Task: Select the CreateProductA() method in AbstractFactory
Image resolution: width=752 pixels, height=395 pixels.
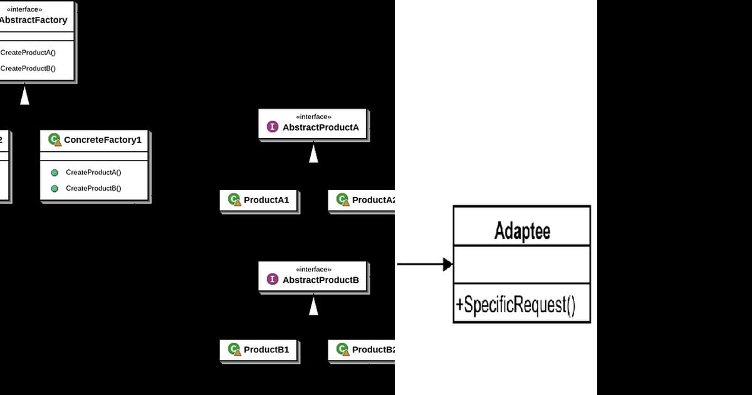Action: coord(28,53)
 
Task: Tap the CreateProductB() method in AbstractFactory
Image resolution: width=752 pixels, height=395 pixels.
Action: coord(28,68)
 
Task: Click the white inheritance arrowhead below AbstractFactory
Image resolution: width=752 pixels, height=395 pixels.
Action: coord(24,96)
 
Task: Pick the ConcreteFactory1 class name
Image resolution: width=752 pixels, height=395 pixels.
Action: coord(102,140)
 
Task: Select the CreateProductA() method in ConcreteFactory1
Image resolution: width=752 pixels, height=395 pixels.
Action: coord(93,172)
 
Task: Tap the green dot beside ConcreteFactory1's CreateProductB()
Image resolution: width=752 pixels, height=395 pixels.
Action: coord(55,189)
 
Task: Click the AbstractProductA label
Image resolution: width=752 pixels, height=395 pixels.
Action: coord(321,127)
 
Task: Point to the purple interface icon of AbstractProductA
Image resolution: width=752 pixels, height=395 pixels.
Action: coord(273,127)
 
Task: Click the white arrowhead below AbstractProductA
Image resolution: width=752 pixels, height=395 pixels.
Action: coord(313,154)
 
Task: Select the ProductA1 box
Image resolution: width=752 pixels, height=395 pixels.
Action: coord(259,201)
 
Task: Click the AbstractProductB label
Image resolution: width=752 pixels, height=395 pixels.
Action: coord(321,280)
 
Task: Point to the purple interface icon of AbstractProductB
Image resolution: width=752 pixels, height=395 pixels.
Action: coord(273,279)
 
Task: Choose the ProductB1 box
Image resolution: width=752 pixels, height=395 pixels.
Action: coord(259,350)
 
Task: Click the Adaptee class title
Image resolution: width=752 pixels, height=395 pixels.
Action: coord(522,231)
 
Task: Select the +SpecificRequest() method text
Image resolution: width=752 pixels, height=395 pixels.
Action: coord(515,305)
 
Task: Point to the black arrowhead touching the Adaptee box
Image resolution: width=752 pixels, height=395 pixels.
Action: coord(447,265)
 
